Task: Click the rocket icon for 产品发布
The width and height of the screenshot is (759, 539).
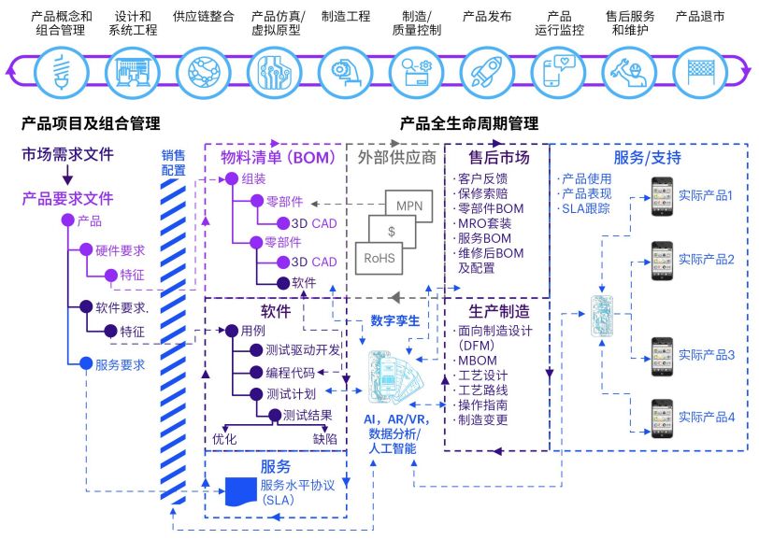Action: (x=487, y=69)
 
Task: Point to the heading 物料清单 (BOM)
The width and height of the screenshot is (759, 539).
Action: (x=277, y=158)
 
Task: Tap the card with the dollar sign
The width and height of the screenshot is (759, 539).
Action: (x=392, y=231)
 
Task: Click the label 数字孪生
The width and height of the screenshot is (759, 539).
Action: (x=394, y=320)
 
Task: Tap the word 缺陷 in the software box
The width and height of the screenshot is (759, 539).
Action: (x=325, y=437)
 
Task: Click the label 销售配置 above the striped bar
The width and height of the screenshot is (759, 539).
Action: (x=174, y=163)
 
